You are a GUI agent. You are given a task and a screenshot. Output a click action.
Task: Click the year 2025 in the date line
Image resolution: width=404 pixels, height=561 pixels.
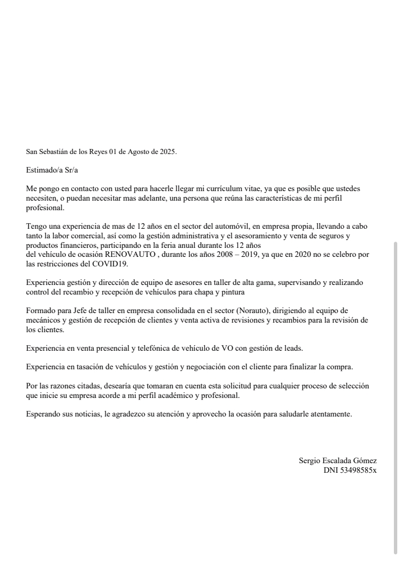tap(167, 152)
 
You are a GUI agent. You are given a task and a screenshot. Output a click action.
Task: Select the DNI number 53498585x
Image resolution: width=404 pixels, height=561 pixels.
tap(358, 470)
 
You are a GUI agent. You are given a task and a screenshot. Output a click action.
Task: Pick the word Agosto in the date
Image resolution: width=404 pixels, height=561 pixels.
tap(129, 152)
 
